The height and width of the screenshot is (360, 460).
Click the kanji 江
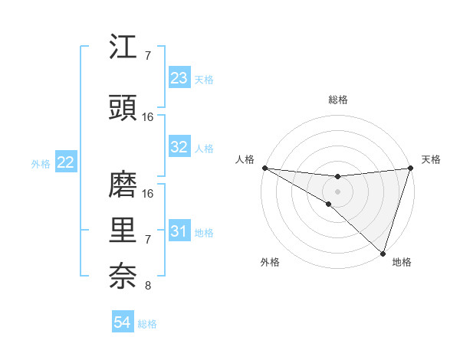click(123, 48)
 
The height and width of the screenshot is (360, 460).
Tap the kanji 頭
click(123, 109)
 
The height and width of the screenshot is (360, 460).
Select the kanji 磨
click(123, 185)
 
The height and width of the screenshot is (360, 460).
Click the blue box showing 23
click(179, 78)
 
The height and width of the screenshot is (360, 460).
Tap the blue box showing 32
click(179, 148)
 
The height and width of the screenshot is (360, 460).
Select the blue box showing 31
click(179, 231)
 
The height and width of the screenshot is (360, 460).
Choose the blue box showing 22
click(66, 162)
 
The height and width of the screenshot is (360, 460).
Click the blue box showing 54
click(123, 323)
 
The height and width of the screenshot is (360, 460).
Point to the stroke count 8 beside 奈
click(148, 286)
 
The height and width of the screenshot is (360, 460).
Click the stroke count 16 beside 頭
click(148, 117)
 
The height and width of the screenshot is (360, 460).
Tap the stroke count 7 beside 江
click(148, 56)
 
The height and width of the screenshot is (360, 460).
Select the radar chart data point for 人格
click(264, 168)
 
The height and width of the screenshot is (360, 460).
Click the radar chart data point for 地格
click(383, 253)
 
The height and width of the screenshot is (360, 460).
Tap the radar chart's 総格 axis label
click(337, 100)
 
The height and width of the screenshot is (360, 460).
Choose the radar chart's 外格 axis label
click(270, 263)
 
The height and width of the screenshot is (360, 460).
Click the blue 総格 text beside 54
click(148, 324)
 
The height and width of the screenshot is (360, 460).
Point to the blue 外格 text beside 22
click(40, 163)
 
